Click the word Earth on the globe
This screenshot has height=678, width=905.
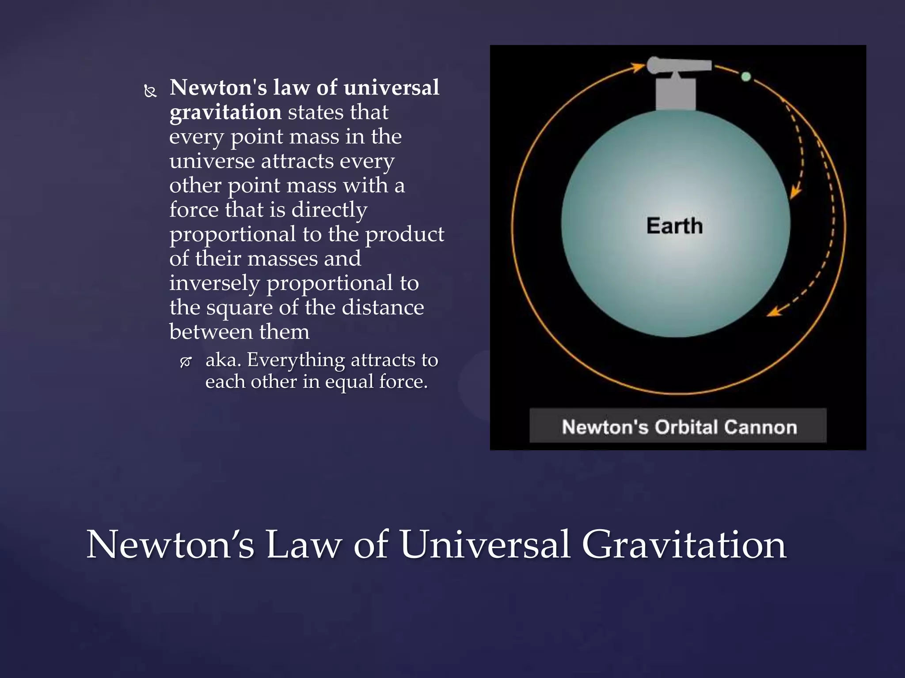click(x=674, y=226)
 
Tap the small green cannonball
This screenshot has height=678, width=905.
click(x=746, y=76)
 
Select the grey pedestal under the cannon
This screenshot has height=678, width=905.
click(x=675, y=94)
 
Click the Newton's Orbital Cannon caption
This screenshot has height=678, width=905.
click(x=679, y=427)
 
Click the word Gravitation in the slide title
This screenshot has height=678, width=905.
click(x=684, y=544)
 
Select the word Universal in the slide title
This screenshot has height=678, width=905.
click(x=485, y=544)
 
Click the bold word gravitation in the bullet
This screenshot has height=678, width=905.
click(x=225, y=112)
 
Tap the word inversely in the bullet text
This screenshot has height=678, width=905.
click(x=215, y=283)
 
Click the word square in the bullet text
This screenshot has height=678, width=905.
click(x=239, y=308)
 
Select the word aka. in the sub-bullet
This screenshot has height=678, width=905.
click(x=223, y=360)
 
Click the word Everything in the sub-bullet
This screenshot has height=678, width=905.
click(x=295, y=360)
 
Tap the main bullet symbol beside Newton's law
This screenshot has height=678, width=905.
click(x=151, y=91)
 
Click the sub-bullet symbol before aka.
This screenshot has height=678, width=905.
click(x=186, y=362)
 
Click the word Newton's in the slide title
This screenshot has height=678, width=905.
click(x=170, y=544)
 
